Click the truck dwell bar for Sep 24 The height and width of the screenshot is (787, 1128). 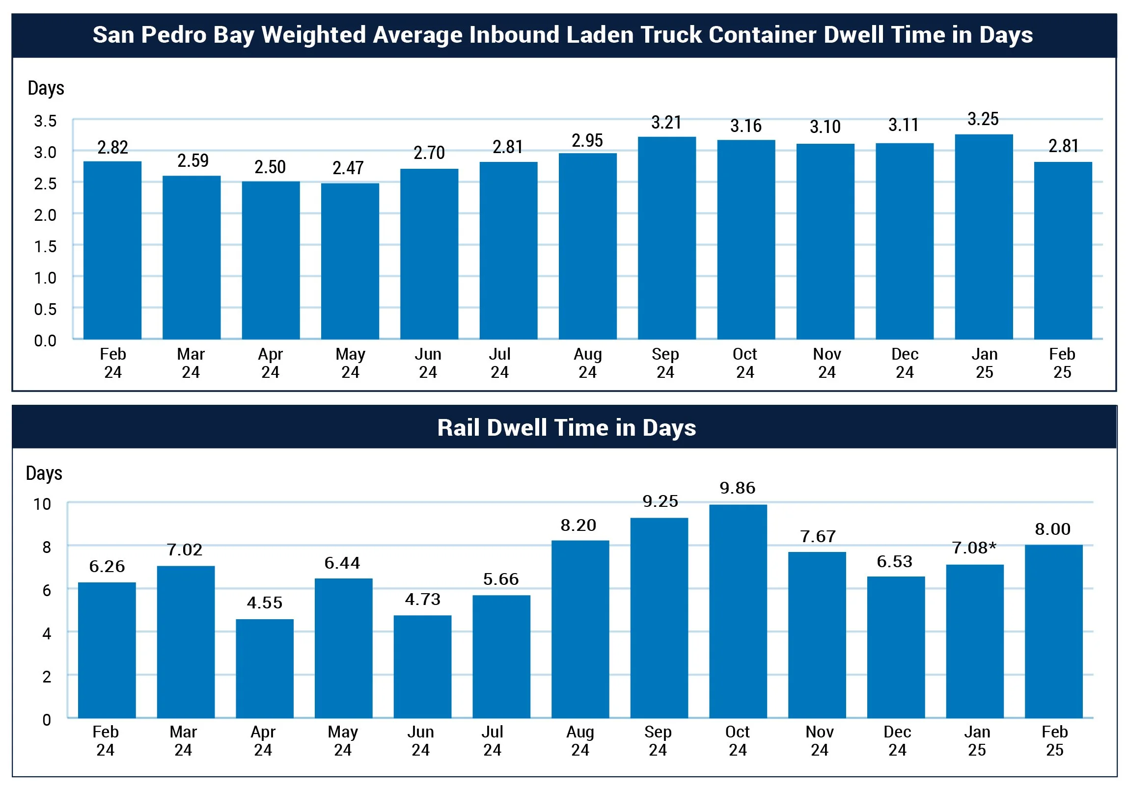[667, 238]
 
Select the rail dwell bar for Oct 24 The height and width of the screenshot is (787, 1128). [738, 611]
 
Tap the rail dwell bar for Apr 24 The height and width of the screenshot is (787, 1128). [265, 669]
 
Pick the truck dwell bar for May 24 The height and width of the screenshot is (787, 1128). [350, 261]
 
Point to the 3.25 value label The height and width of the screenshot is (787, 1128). [983, 119]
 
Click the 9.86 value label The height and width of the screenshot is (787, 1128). [738, 488]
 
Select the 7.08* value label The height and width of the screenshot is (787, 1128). [974, 548]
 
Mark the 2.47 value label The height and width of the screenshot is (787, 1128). [348, 168]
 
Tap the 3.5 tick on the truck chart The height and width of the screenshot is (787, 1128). [45, 121]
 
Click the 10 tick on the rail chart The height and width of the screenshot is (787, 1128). [42, 504]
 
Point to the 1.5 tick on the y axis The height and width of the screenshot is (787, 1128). [45, 246]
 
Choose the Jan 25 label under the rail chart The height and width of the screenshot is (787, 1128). [977, 741]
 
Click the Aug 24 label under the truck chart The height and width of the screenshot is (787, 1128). [588, 363]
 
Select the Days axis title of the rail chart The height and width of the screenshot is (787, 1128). [44, 473]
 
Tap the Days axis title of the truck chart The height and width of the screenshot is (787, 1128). [46, 88]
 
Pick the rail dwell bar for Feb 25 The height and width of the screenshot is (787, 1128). [1053, 631]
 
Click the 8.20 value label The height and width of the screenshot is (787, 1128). [578, 525]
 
